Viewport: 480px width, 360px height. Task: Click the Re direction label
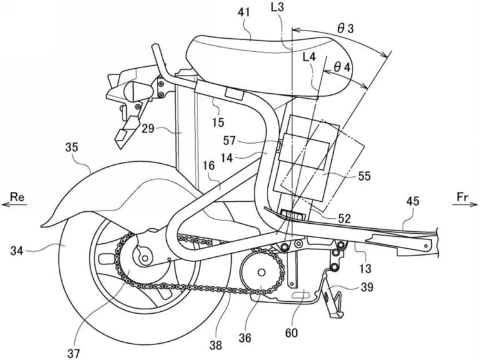pos(17,197)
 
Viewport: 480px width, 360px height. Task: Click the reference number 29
pos(147,129)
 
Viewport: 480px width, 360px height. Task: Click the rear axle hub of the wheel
pos(144,255)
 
